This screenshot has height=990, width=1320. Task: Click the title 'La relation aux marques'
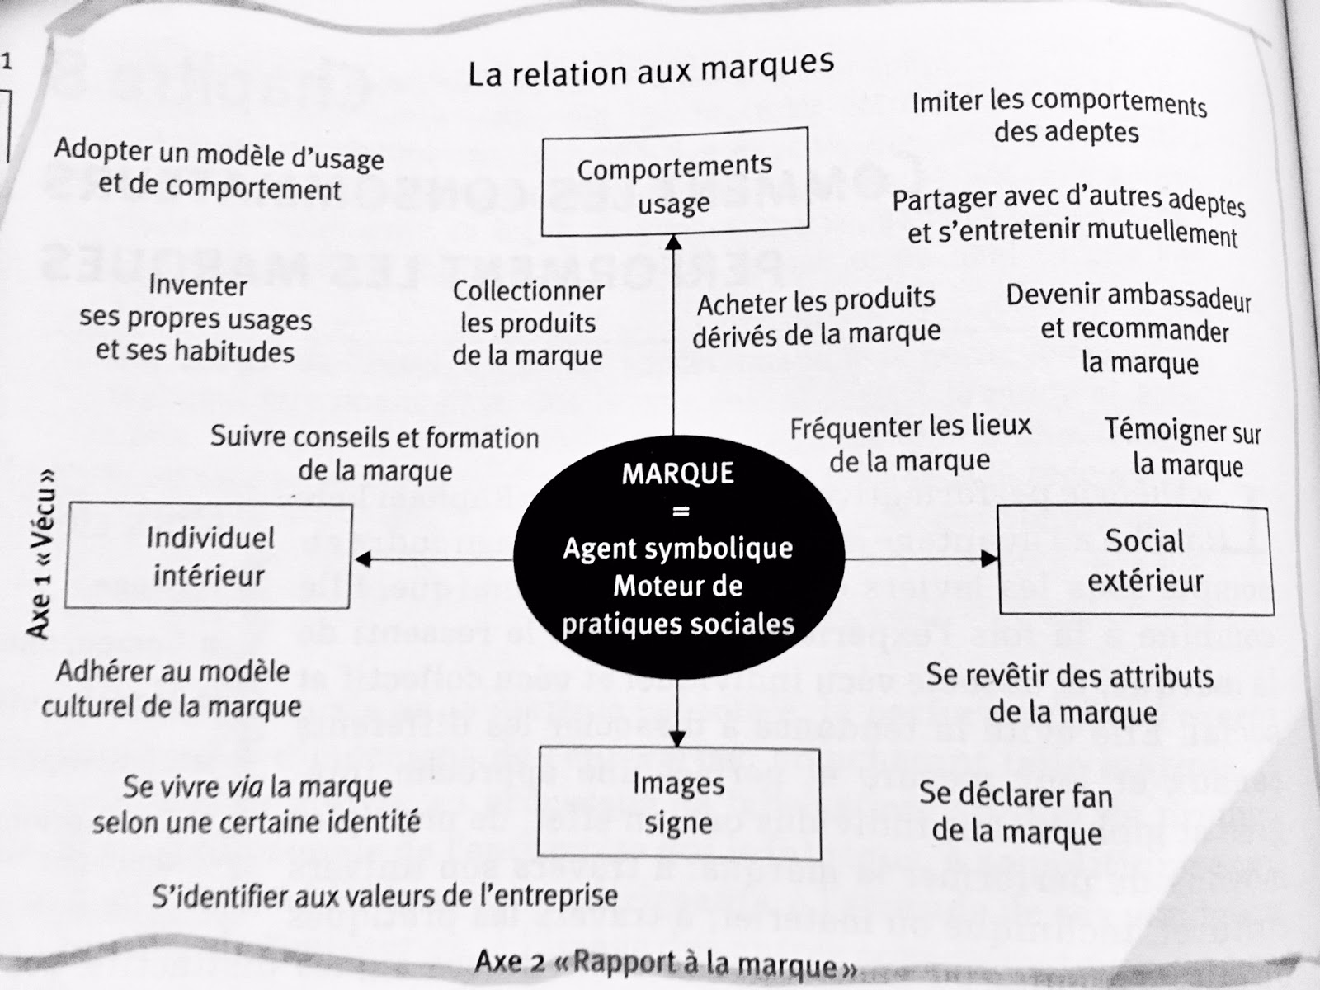[651, 69]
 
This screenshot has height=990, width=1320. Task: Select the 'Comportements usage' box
[674, 184]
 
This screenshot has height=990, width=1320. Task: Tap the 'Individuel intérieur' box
[209, 557]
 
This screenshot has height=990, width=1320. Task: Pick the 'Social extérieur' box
[1135, 561]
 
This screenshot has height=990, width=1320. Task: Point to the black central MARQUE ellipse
[678, 549]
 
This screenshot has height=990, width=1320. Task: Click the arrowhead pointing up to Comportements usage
[674, 242]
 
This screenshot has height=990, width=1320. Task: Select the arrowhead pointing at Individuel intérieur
[362, 560]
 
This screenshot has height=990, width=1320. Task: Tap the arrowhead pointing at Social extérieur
[989, 559]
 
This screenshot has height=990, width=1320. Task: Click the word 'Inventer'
[198, 285]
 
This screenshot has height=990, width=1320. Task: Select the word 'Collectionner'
[528, 290]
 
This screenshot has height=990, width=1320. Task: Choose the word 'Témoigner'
[1154, 429]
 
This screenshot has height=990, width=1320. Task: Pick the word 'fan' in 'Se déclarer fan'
[1091, 796]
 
